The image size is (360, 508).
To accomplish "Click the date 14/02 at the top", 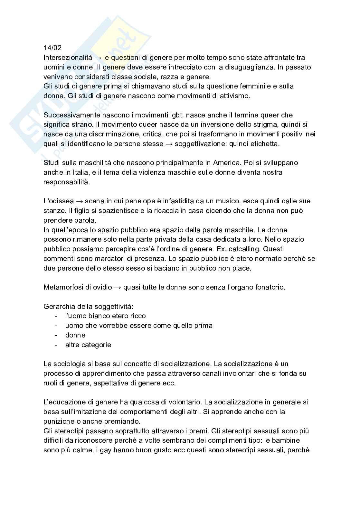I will [x=52, y=48].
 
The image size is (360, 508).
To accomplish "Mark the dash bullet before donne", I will [x=56, y=335].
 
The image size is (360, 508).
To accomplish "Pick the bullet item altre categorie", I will [x=88, y=345].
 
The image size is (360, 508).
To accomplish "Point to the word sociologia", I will [x=69, y=364].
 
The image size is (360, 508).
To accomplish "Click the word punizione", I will [x=58, y=421].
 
